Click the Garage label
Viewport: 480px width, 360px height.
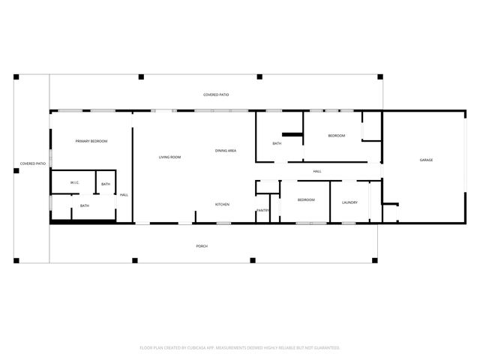pyautogui.click(x=426, y=160)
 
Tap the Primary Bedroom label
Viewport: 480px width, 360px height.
pyautogui.click(x=91, y=141)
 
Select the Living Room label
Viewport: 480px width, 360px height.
pyautogui.click(x=169, y=157)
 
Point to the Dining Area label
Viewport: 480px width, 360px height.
pyautogui.click(x=226, y=151)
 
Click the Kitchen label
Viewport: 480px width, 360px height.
pyautogui.click(x=222, y=204)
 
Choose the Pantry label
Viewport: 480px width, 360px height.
pyautogui.click(x=262, y=210)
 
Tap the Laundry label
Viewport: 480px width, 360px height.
pyautogui.click(x=349, y=202)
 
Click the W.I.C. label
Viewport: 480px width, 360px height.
pyautogui.click(x=74, y=183)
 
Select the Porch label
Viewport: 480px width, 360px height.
pyautogui.click(x=202, y=246)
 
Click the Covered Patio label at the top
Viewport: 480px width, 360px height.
pyautogui.click(x=216, y=94)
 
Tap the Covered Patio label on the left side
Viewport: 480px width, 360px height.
pyautogui.click(x=33, y=163)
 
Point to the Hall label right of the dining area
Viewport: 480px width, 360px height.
pyautogui.click(x=317, y=172)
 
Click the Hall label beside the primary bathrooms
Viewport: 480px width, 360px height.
pyautogui.click(x=124, y=195)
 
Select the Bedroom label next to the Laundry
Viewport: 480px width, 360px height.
pyautogui.click(x=305, y=199)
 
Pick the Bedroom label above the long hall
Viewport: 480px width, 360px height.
pyautogui.click(x=336, y=135)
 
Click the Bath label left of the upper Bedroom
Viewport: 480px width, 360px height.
pyautogui.click(x=277, y=143)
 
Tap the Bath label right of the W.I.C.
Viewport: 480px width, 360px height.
pyautogui.click(x=106, y=184)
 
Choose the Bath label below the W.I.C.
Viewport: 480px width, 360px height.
pyautogui.click(x=85, y=205)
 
